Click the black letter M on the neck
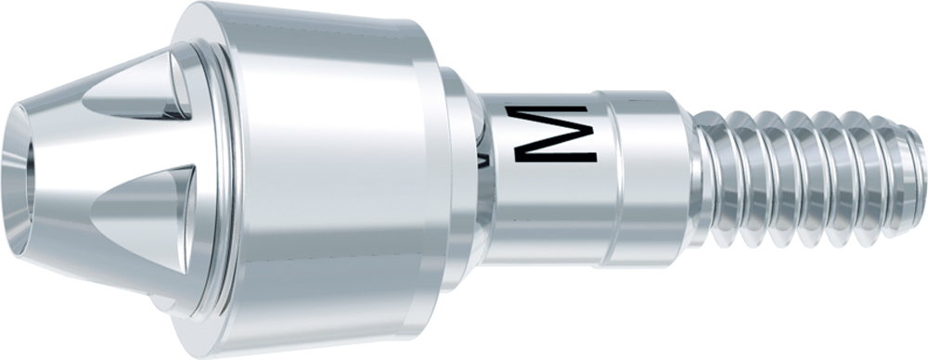click(x=549, y=135)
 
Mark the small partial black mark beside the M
click(x=486, y=160)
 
